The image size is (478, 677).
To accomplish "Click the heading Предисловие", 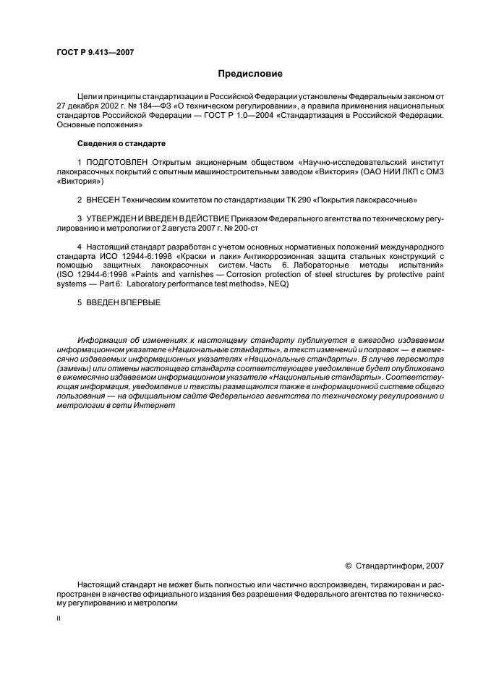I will click(x=250, y=74).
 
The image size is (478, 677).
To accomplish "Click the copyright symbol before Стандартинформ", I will click(x=348, y=565).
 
